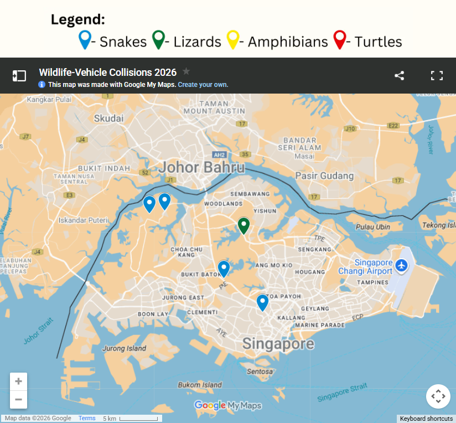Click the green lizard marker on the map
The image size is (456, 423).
click(x=243, y=225)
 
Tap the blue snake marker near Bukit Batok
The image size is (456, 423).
click(x=224, y=268)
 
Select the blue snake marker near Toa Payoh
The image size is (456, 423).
click(x=262, y=302)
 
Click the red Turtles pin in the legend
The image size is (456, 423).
click(x=339, y=39)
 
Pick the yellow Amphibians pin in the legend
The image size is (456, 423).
click(x=233, y=39)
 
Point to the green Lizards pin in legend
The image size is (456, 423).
click(x=159, y=39)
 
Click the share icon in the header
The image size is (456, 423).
click(x=399, y=76)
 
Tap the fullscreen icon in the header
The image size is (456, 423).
click(x=437, y=76)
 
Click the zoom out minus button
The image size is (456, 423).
click(x=18, y=399)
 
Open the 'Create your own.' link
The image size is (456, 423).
click(x=203, y=85)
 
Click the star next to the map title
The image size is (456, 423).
click(x=186, y=71)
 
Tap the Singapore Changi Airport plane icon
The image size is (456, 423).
click(x=402, y=266)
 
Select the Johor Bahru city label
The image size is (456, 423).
click(x=203, y=167)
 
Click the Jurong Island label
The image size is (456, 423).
click(x=125, y=348)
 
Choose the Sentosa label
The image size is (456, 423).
click(x=260, y=371)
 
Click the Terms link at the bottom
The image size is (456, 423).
click(x=87, y=419)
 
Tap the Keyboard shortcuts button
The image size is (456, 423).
click(x=426, y=419)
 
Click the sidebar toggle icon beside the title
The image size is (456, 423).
click(x=19, y=76)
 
